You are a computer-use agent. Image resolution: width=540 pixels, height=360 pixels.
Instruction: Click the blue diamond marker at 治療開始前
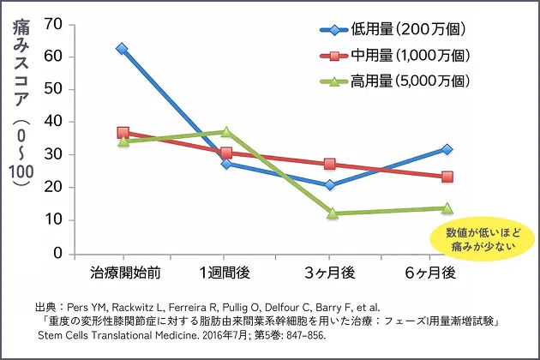tap(123, 49)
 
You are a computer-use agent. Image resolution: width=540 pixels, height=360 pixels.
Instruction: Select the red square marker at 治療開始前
tap(123, 133)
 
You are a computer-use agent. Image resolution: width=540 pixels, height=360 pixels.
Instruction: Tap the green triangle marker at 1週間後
tap(226, 132)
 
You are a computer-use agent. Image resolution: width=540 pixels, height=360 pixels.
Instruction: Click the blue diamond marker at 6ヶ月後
tap(447, 149)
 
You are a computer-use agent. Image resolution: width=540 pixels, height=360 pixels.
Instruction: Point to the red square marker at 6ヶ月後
tap(447, 177)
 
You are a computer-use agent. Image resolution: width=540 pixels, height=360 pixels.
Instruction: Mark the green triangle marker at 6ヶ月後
tap(447, 207)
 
